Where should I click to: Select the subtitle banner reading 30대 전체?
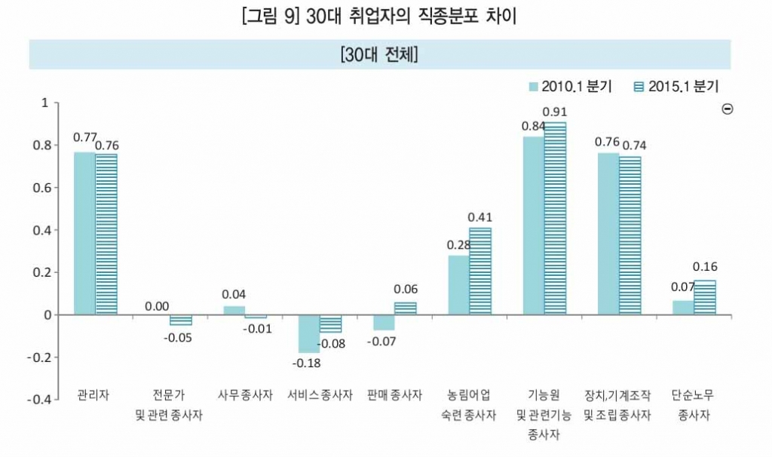point(380,54)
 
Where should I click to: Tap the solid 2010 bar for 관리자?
point(84,233)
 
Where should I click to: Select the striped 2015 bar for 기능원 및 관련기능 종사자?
point(555,218)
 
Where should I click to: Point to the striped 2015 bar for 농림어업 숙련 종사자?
point(479,271)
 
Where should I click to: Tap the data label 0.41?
point(480,217)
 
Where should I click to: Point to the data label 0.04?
point(234,295)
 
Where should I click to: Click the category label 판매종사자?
point(394,395)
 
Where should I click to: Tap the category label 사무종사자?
point(245,395)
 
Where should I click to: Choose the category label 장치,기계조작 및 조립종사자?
point(617,405)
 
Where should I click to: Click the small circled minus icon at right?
point(728,109)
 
